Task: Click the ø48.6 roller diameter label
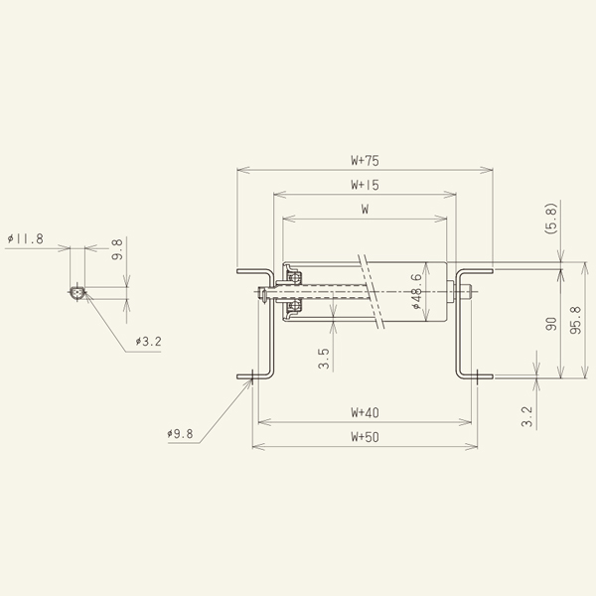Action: pyautogui.click(x=416, y=292)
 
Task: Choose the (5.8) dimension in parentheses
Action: pyautogui.click(x=551, y=219)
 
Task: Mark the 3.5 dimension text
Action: pyautogui.click(x=324, y=359)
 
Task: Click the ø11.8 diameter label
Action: pyautogui.click(x=25, y=239)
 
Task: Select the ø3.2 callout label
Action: pyautogui.click(x=148, y=342)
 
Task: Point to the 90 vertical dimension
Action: pyautogui.click(x=551, y=325)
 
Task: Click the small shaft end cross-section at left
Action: pyautogui.click(x=77, y=293)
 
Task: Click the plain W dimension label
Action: pyautogui.click(x=366, y=210)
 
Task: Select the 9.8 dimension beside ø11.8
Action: pyautogui.click(x=117, y=250)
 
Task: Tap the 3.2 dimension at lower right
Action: pyautogui.click(x=527, y=414)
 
